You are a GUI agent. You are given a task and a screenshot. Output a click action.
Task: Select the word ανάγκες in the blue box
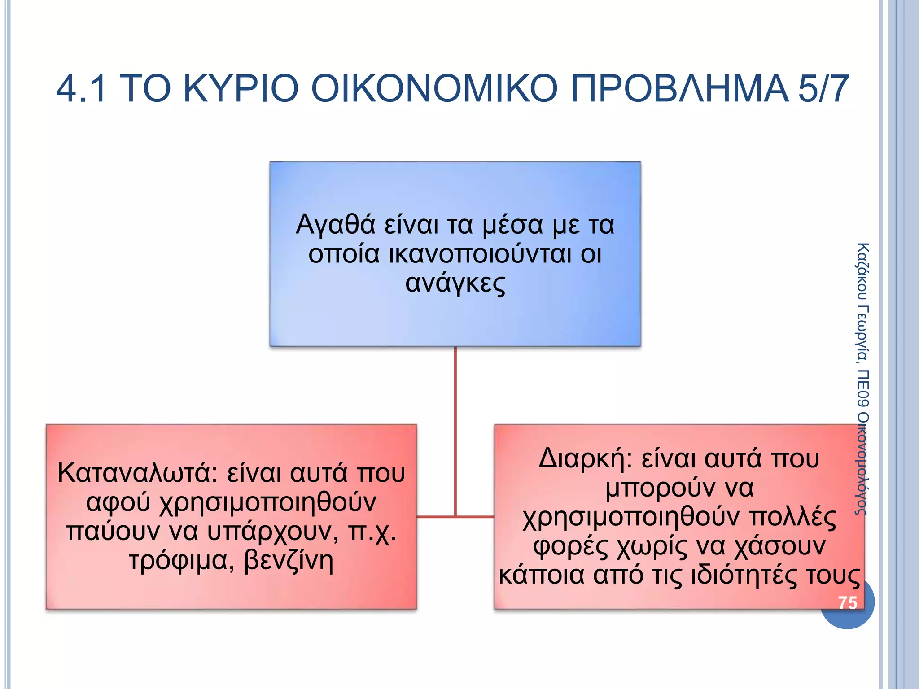point(455,283)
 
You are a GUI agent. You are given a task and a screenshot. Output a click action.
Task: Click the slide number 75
point(847,603)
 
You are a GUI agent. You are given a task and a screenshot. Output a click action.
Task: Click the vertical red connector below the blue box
point(455,426)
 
